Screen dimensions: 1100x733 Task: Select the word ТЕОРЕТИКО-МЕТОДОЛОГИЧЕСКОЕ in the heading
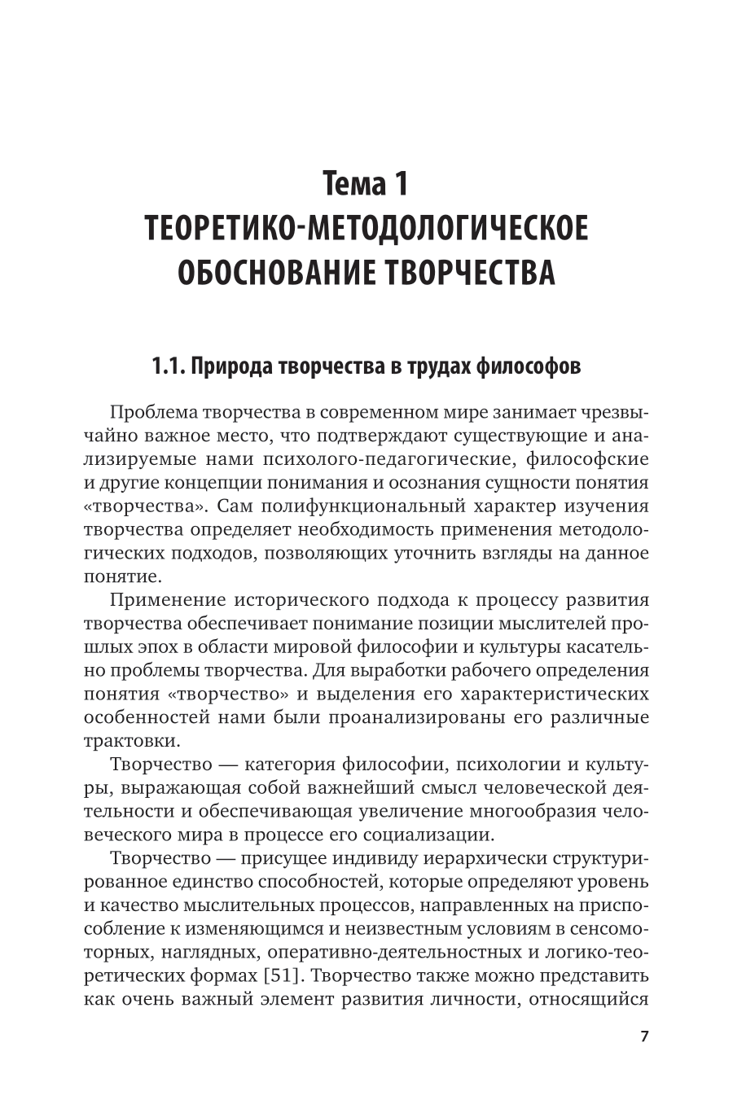pyautogui.click(x=366, y=230)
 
